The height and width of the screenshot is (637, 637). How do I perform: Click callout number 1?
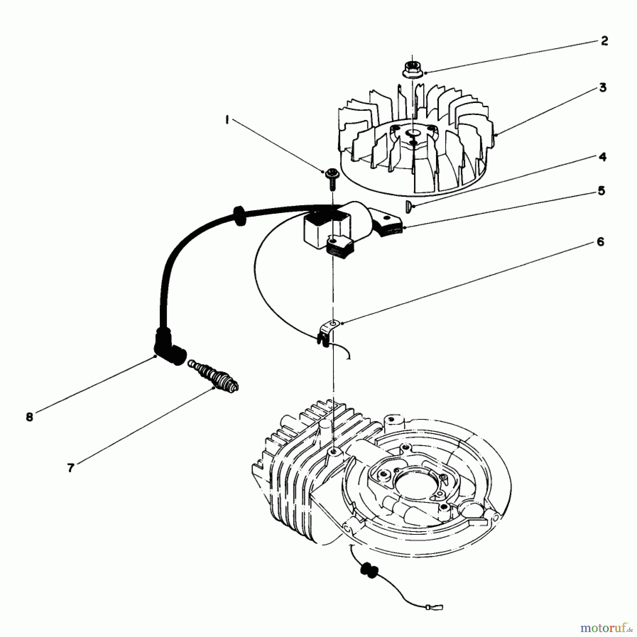[227, 121]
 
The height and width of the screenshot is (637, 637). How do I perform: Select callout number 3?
[603, 87]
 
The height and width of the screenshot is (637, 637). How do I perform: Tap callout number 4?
[603, 157]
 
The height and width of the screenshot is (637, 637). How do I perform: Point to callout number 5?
[601, 191]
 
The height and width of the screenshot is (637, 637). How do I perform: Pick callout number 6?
[601, 242]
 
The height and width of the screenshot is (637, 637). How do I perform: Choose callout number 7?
[71, 468]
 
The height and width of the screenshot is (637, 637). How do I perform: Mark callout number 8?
[29, 417]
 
